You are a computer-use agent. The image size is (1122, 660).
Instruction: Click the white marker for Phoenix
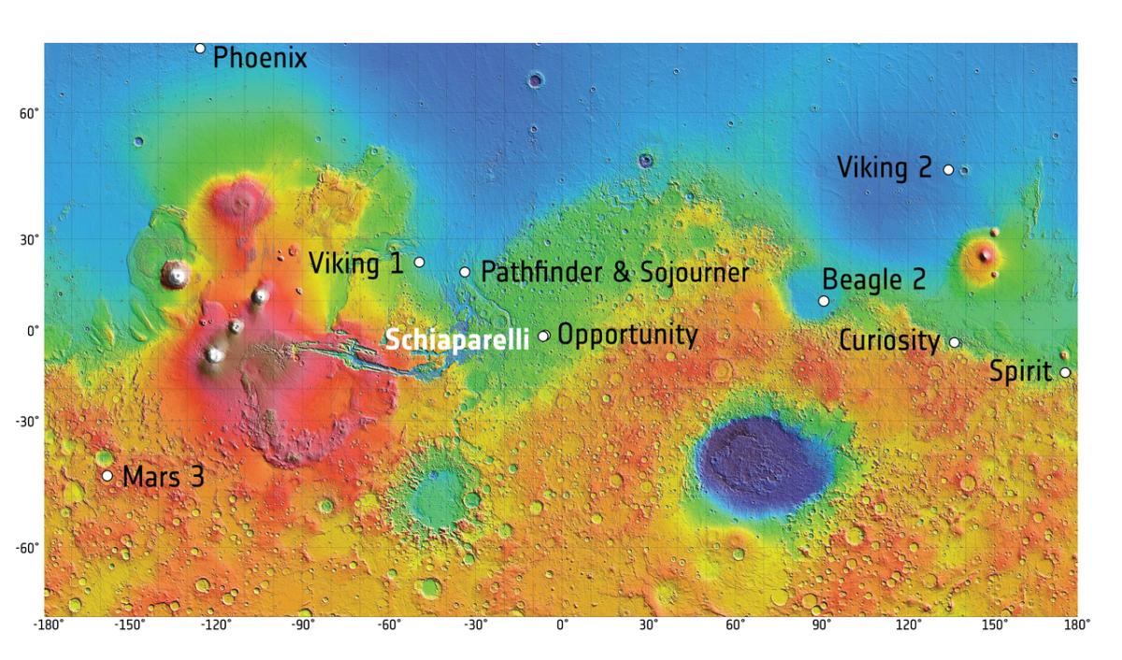(200, 49)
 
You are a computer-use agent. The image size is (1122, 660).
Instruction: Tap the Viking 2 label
(884, 168)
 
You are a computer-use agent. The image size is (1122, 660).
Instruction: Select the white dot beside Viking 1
(420, 262)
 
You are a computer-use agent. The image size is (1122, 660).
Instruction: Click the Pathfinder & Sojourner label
(614, 272)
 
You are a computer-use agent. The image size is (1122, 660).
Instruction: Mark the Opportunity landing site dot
(543, 336)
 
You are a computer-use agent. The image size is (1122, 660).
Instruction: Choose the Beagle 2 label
(873, 280)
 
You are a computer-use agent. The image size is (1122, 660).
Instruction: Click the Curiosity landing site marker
(955, 342)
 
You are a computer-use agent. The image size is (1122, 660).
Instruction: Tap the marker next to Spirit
(1065, 373)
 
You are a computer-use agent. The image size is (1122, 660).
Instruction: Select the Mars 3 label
(163, 476)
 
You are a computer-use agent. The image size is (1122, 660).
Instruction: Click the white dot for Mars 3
(108, 476)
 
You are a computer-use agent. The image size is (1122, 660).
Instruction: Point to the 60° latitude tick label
(29, 114)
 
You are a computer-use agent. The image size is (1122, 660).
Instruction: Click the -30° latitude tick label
(27, 422)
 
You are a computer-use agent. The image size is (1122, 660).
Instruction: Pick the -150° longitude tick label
(130, 624)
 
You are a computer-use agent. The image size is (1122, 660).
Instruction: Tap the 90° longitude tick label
(821, 624)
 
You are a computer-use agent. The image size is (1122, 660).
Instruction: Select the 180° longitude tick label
(1077, 624)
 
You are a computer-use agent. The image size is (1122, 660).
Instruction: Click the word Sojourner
(695, 272)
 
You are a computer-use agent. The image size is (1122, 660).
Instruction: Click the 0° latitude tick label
(32, 331)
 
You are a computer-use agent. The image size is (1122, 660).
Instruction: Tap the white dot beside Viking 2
(948, 170)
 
